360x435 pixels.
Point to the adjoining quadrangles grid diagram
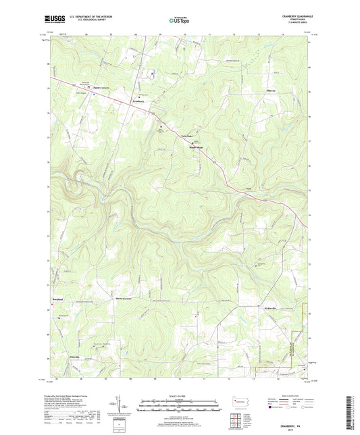pyautogui.click(x=238, y=421)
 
